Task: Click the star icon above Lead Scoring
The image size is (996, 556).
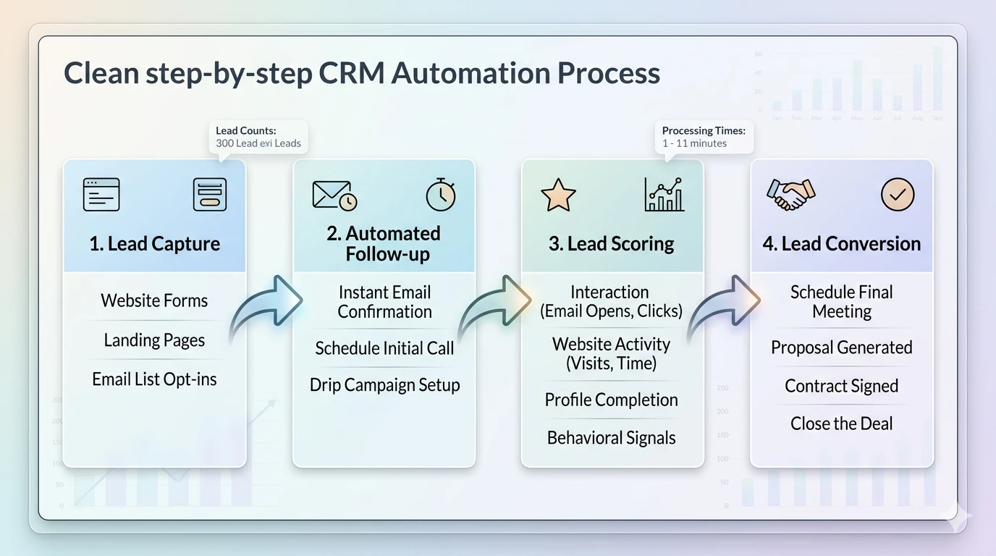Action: pos(558,195)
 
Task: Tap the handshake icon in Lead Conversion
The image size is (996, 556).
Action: pos(790,195)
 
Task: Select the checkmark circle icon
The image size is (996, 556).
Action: pos(898,195)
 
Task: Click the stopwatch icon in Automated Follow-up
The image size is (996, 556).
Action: pos(440,195)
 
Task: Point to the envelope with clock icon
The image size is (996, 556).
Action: pos(334,195)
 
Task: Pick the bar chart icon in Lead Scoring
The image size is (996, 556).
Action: pos(664,195)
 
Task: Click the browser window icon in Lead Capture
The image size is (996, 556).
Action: pos(101,195)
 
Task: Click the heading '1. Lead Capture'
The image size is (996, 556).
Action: pos(155,244)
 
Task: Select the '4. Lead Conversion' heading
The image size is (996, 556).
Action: pos(842,244)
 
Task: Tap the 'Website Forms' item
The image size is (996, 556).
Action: pos(154,300)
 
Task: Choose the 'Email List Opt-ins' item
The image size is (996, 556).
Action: pos(154,379)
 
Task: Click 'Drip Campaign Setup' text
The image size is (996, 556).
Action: pos(384,385)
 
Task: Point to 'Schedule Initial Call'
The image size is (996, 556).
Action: pos(384,348)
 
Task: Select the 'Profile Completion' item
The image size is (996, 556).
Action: pos(612,400)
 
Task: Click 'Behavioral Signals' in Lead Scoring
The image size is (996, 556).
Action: pos(612,438)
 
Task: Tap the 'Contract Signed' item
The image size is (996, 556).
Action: pos(842,386)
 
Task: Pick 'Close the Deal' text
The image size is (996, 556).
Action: pos(842,424)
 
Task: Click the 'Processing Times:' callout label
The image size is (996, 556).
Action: pos(704,130)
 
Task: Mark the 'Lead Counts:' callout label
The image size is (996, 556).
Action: pos(246,130)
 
